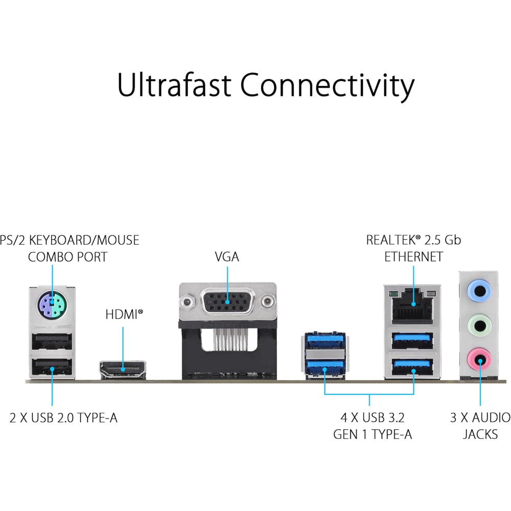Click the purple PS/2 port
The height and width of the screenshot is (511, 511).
(51, 307)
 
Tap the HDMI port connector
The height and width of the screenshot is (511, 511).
(122, 367)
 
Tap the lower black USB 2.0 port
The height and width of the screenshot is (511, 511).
(52, 366)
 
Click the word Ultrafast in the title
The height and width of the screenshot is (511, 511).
(174, 85)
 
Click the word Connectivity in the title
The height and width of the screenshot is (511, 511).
(327, 85)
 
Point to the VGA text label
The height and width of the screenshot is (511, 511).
(227, 257)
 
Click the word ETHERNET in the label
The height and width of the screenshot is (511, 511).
(413, 257)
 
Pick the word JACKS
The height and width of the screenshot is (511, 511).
(480, 434)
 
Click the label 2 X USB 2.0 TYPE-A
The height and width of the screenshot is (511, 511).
(63, 418)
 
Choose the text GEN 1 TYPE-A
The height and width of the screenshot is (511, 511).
(373, 434)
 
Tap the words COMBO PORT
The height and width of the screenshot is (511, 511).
(67, 257)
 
